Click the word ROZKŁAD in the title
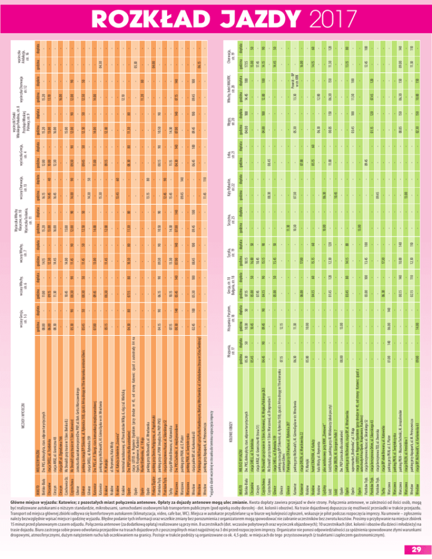click(155, 16)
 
